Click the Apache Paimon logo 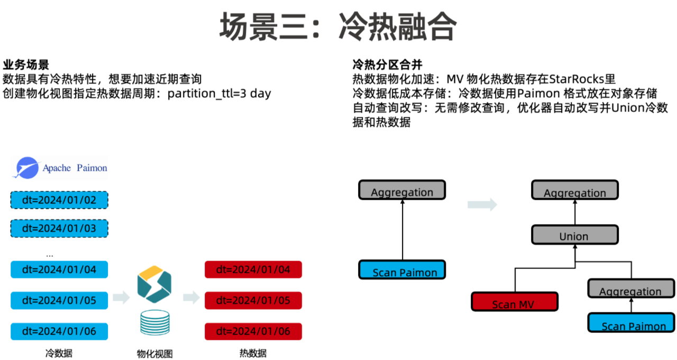click(x=59, y=168)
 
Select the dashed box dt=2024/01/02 click(x=59, y=200)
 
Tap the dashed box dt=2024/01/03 click(x=59, y=228)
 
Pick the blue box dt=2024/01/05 click(x=59, y=300)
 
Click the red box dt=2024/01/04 click(x=253, y=270)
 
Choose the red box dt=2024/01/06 click(x=253, y=331)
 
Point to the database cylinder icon click(x=154, y=323)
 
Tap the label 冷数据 click(x=59, y=353)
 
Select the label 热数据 click(x=253, y=353)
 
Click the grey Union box click(x=574, y=235)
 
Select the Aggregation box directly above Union click(x=574, y=190)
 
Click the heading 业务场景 click(x=26, y=65)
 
